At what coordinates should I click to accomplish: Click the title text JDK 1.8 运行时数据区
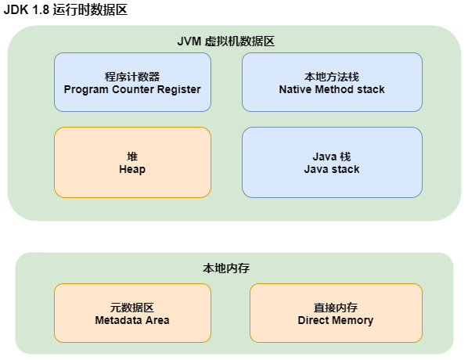(x=66, y=10)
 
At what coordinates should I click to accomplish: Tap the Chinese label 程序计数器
(x=132, y=77)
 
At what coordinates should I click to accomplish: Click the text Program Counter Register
(x=132, y=89)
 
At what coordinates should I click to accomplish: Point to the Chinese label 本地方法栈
(x=332, y=77)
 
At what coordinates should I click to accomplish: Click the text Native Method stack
(x=332, y=89)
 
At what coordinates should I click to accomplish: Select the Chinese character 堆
(x=132, y=156)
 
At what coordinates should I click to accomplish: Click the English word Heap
(x=132, y=168)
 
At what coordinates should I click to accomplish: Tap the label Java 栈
(x=332, y=156)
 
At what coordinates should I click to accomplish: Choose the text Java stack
(x=332, y=168)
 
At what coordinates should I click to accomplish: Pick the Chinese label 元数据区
(x=132, y=308)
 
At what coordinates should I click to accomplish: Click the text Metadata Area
(x=132, y=320)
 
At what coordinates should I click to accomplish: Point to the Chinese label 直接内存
(x=336, y=308)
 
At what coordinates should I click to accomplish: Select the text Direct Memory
(x=336, y=320)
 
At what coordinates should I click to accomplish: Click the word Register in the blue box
(x=179, y=89)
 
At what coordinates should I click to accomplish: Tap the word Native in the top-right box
(x=295, y=89)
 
